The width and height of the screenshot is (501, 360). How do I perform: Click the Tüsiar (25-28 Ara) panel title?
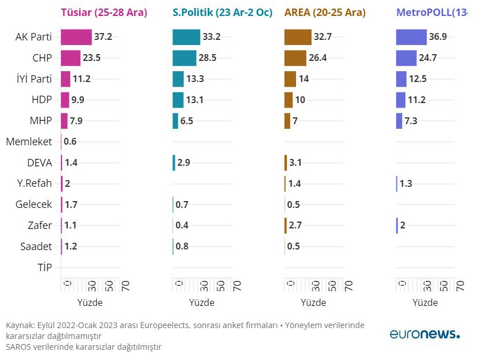pos(104,13)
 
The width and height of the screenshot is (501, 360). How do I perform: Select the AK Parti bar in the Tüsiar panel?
pos(76,37)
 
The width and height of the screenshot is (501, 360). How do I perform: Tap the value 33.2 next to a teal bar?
pos(211,37)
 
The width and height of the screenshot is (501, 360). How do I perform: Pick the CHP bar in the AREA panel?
pos(295,58)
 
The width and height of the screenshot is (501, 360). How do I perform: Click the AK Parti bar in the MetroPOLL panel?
pos(411,37)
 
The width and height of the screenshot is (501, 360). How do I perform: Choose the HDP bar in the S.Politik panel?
pos(178,100)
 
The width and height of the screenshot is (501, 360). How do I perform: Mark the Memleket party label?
pos(29,141)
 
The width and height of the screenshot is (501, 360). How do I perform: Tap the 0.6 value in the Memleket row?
pos(71,142)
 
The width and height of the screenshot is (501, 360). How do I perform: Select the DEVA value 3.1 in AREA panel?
pos(295,162)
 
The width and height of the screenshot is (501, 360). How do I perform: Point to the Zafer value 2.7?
pos(295,225)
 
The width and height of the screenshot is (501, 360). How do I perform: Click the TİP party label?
pos(44,267)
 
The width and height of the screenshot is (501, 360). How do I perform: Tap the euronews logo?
pos(425,334)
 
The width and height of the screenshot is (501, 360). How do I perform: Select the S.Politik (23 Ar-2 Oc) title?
pos(222,13)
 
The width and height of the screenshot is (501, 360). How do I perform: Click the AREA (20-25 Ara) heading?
pos(325,13)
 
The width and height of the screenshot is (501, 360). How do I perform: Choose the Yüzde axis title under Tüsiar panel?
pos(89,302)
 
